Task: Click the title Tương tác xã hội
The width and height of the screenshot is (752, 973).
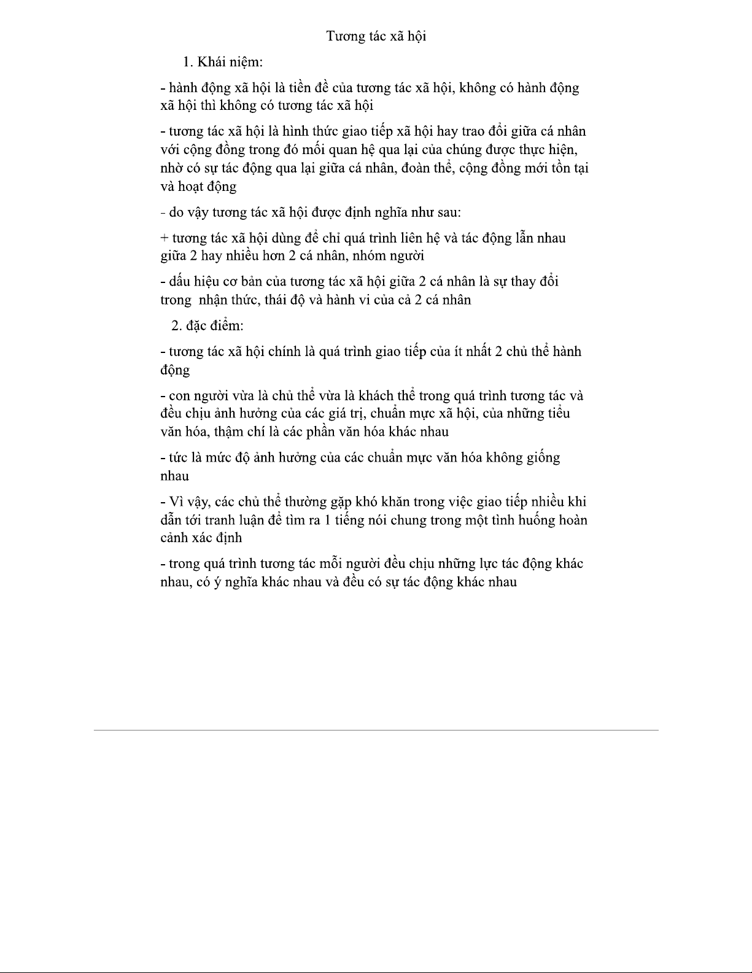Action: pyautogui.click(x=376, y=36)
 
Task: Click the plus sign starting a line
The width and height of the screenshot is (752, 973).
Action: pyautogui.click(x=164, y=238)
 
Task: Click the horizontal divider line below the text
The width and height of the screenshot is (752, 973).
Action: pyautogui.click(x=376, y=730)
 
